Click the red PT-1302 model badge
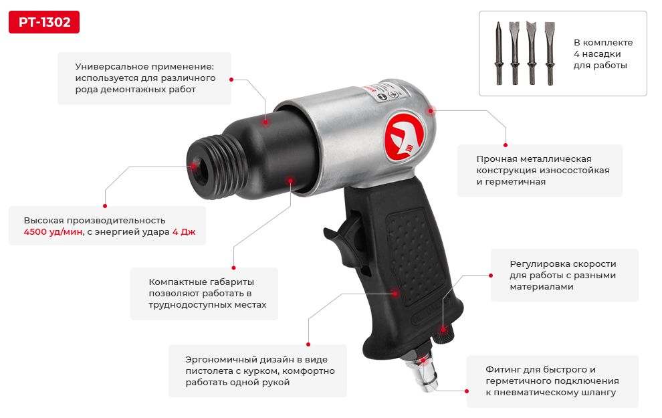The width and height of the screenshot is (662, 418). [44, 22]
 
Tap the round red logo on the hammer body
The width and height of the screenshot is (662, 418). [405, 136]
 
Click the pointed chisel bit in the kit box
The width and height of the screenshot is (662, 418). [499, 54]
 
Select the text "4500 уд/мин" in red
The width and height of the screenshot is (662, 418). [53, 232]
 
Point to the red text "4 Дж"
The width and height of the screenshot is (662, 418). [184, 232]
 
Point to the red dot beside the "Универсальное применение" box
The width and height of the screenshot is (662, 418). [231, 80]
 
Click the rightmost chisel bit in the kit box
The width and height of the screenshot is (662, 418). [549, 54]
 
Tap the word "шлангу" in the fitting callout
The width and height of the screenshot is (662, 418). [600, 393]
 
